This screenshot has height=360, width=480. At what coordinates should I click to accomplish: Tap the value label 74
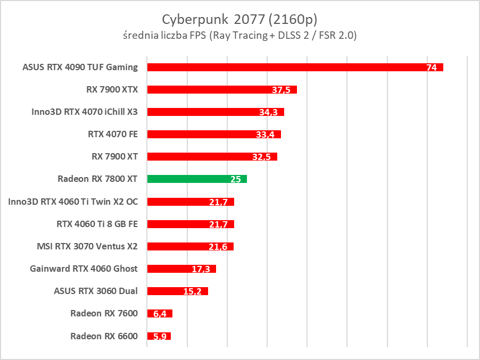(432, 68)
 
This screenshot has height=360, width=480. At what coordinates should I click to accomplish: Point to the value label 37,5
(280, 90)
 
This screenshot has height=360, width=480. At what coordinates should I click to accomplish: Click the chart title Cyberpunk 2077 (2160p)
(239, 19)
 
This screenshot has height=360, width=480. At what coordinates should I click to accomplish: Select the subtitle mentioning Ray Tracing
(239, 36)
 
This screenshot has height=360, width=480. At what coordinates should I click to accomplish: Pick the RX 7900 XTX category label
(112, 89)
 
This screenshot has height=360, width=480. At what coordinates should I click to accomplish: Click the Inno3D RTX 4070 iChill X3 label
(85, 112)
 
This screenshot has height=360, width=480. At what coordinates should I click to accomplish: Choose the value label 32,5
(262, 157)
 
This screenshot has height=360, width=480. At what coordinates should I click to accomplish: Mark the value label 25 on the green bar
(236, 180)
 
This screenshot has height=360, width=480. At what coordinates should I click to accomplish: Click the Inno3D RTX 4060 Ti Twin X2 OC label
(73, 202)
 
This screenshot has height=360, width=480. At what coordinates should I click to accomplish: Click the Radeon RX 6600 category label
(104, 336)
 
